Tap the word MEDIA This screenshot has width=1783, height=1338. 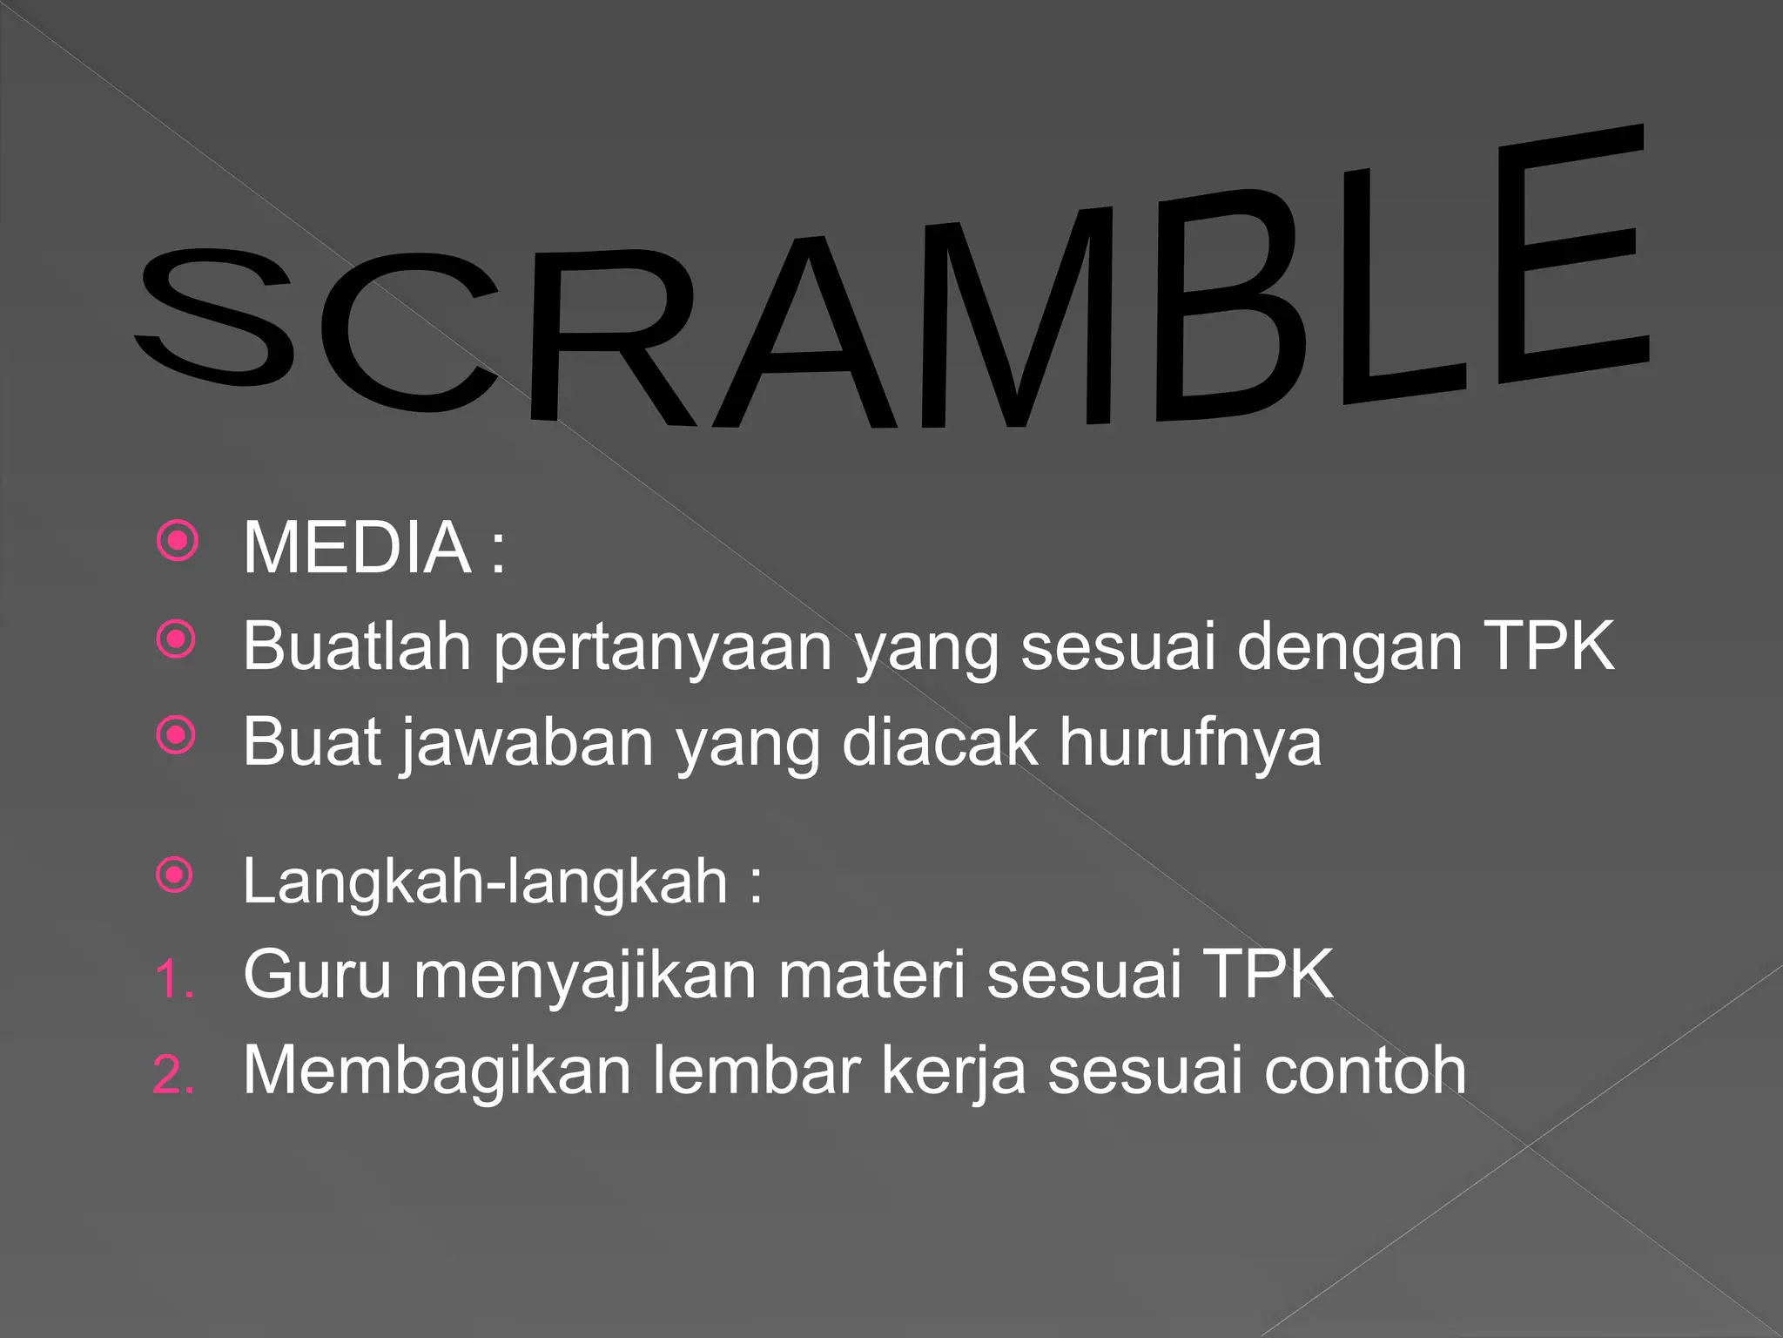click(357, 548)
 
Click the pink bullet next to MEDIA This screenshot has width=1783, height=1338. click(178, 542)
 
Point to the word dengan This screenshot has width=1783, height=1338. click(1349, 647)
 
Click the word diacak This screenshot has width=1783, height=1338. click(940, 743)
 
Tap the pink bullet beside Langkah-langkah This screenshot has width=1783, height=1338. click(175, 875)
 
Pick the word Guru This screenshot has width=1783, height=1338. click(318, 974)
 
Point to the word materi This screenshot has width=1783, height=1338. click(871, 974)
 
